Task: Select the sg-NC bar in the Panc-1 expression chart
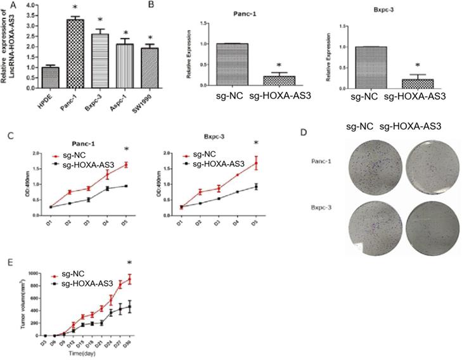(231, 64)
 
